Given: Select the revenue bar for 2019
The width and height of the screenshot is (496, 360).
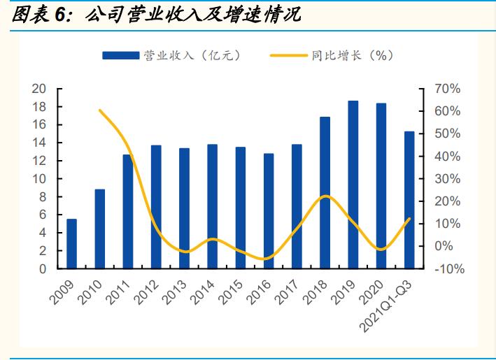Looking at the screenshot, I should (353, 185).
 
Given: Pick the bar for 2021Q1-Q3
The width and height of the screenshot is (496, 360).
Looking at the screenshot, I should (409, 200).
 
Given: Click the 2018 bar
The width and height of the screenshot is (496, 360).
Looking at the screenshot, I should (325, 192).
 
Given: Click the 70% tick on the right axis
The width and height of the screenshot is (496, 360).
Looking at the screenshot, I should (446, 89).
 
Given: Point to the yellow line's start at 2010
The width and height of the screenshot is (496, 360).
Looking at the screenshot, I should (99, 110).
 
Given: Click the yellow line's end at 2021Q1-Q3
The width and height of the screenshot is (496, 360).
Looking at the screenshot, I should (409, 219).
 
